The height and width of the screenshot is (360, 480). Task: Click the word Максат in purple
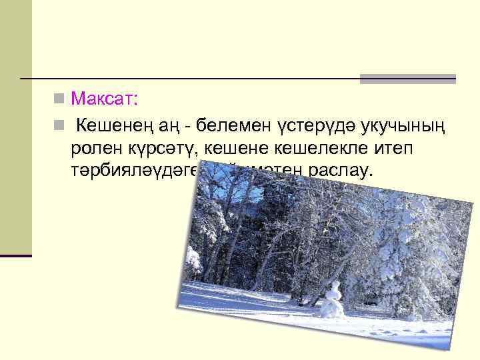pyautogui.click(x=101, y=99)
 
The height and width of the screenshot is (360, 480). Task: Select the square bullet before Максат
pyautogui.click(x=59, y=99)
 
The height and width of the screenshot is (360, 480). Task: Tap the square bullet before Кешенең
pyautogui.click(x=59, y=124)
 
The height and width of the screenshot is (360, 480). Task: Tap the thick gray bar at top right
pyautogui.click(x=407, y=79)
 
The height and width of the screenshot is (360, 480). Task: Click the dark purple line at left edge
pyautogui.click(x=16, y=255)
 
